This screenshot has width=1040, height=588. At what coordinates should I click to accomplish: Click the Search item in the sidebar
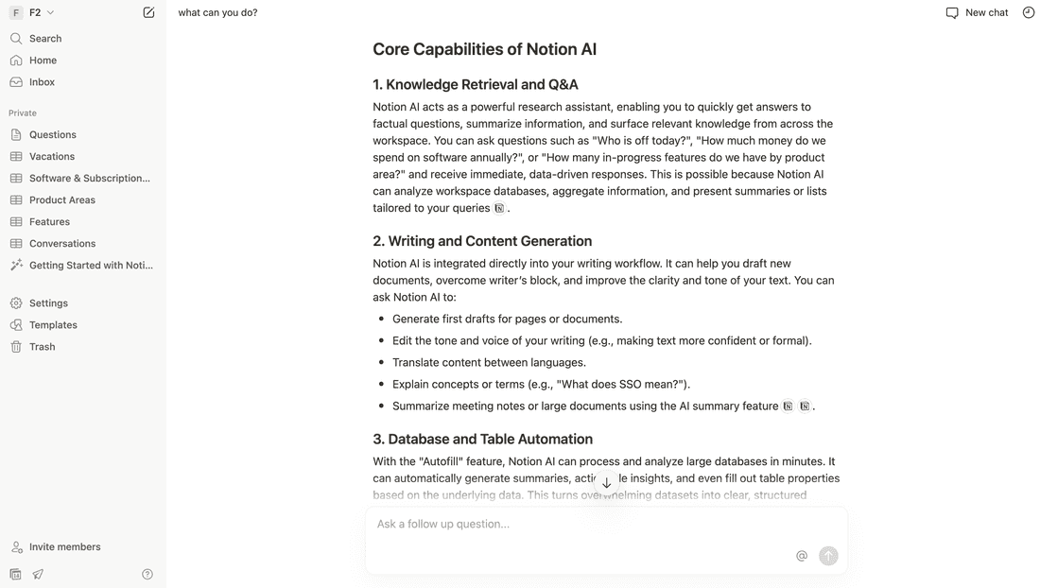click(x=44, y=39)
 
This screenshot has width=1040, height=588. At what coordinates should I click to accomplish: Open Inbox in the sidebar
click(x=42, y=82)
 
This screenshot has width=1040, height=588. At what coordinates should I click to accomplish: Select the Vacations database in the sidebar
click(x=51, y=157)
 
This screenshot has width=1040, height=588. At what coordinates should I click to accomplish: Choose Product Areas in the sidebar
click(x=61, y=200)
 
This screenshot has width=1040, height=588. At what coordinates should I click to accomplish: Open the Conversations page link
click(x=61, y=244)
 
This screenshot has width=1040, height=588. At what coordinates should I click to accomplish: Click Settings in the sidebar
click(x=48, y=303)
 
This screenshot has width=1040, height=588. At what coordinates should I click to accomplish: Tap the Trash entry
click(x=42, y=347)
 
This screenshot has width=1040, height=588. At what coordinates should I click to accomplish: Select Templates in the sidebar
click(x=53, y=325)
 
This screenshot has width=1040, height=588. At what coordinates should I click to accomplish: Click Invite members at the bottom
click(x=64, y=547)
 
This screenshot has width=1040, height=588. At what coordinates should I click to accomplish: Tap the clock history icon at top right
click(x=1029, y=13)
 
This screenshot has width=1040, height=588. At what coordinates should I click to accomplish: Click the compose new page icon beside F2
click(x=148, y=13)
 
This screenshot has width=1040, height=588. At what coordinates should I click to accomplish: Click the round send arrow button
click(x=828, y=556)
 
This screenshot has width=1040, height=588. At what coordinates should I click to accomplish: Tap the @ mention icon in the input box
click(x=802, y=556)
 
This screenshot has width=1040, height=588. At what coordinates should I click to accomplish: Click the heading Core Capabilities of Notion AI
click(x=484, y=49)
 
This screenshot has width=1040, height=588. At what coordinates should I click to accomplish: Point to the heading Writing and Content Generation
click(x=490, y=241)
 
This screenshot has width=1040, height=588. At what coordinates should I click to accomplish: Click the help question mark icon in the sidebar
click(x=147, y=574)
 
